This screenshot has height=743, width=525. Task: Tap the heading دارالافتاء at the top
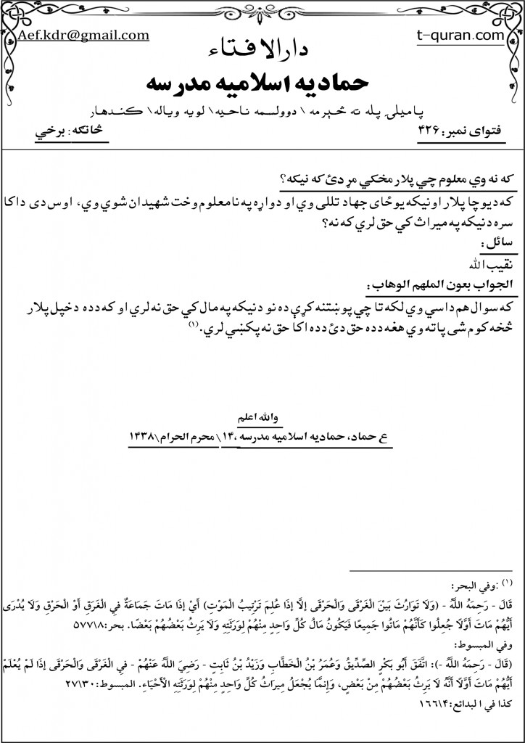click(262, 50)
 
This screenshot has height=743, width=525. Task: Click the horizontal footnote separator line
click(431, 571)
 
